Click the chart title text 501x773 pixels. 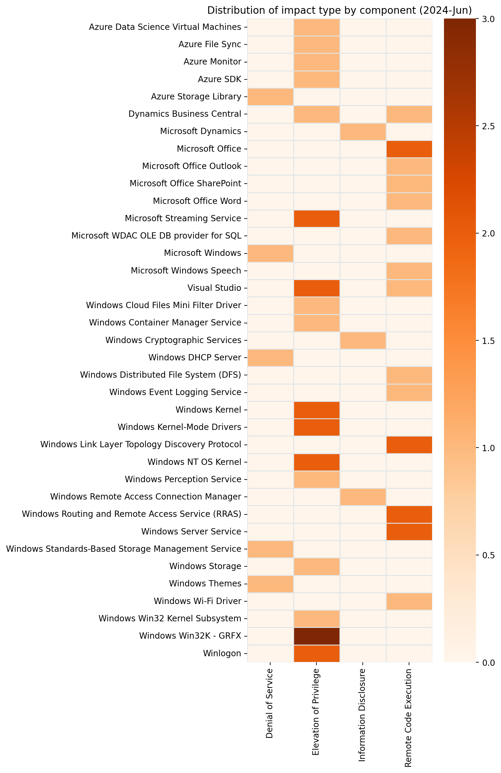click(339, 10)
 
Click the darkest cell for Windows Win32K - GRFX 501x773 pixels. click(316, 636)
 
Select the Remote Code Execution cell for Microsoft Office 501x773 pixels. click(409, 149)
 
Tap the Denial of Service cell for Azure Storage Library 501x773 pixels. click(271, 97)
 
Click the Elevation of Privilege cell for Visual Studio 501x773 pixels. click(316, 288)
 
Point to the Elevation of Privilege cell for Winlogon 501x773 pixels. click(316, 653)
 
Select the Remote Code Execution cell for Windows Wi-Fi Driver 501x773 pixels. click(409, 601)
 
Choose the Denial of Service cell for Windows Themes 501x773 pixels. click(271, 584)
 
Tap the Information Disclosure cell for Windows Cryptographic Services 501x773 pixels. click(363, 340)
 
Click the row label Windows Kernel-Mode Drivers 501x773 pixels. click(179, 427)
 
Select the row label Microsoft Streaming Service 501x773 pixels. click(183, 219)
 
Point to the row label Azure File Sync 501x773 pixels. click(210, 44)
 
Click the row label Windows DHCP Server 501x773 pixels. click(195, 358)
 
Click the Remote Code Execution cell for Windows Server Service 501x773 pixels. click(409, 531)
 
